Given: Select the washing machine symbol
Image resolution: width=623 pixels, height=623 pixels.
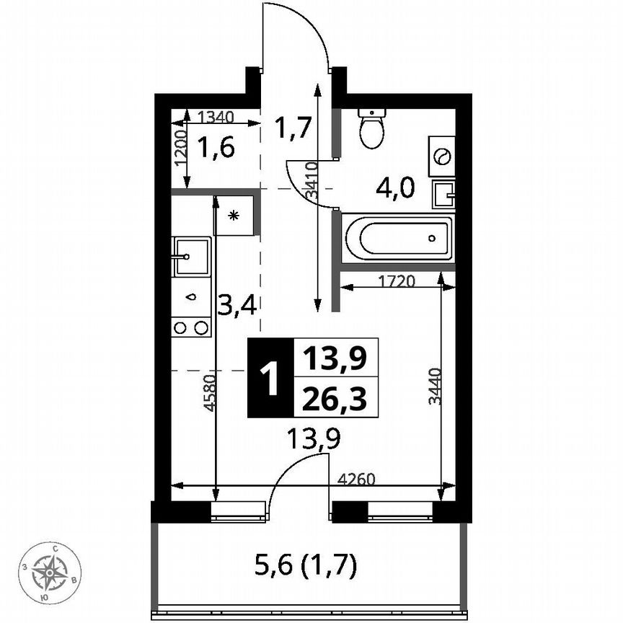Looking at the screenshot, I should [442, 156].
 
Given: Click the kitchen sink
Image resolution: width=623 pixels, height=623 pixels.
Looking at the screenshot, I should [191, 256].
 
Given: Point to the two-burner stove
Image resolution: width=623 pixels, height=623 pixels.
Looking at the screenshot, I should [191, 327].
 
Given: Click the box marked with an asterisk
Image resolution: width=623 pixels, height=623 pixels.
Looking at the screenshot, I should [234, 215].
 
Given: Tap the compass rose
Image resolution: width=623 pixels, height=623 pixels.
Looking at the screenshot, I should [50, 573].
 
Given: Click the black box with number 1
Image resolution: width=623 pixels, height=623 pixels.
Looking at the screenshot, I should [270, 379].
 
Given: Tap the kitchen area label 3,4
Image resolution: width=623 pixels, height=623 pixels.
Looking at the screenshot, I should [237, 306].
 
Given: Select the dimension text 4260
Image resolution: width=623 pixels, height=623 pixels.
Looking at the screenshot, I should [357, 477].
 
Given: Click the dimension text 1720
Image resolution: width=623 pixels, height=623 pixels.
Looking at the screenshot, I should [397, 282].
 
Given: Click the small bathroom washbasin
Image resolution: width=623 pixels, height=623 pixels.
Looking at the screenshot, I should [443, 193].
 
